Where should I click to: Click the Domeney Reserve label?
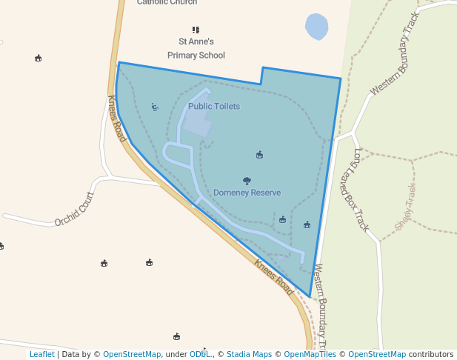click(x=247, y=193)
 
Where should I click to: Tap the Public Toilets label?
click(x=213, y=107)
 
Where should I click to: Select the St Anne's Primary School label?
click(x=196, y=49)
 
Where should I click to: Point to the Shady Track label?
click(x=406, y=207)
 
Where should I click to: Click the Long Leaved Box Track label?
click(x=361, y=190)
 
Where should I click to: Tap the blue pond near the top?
click(x=316, y=27)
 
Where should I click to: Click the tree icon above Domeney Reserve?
click(x=247, y=181)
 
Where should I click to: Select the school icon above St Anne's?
click(x=196, y=30)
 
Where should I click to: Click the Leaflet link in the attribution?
click(x=41, y=355)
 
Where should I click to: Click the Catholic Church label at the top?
click(x=167, y=2)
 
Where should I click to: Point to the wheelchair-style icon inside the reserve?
click(x=155, y=107)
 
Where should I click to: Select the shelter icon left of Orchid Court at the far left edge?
click(x=1, y=246)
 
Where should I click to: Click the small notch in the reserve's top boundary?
click(x=261, y=76)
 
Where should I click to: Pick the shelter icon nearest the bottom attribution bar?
click(x=176, y=336)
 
